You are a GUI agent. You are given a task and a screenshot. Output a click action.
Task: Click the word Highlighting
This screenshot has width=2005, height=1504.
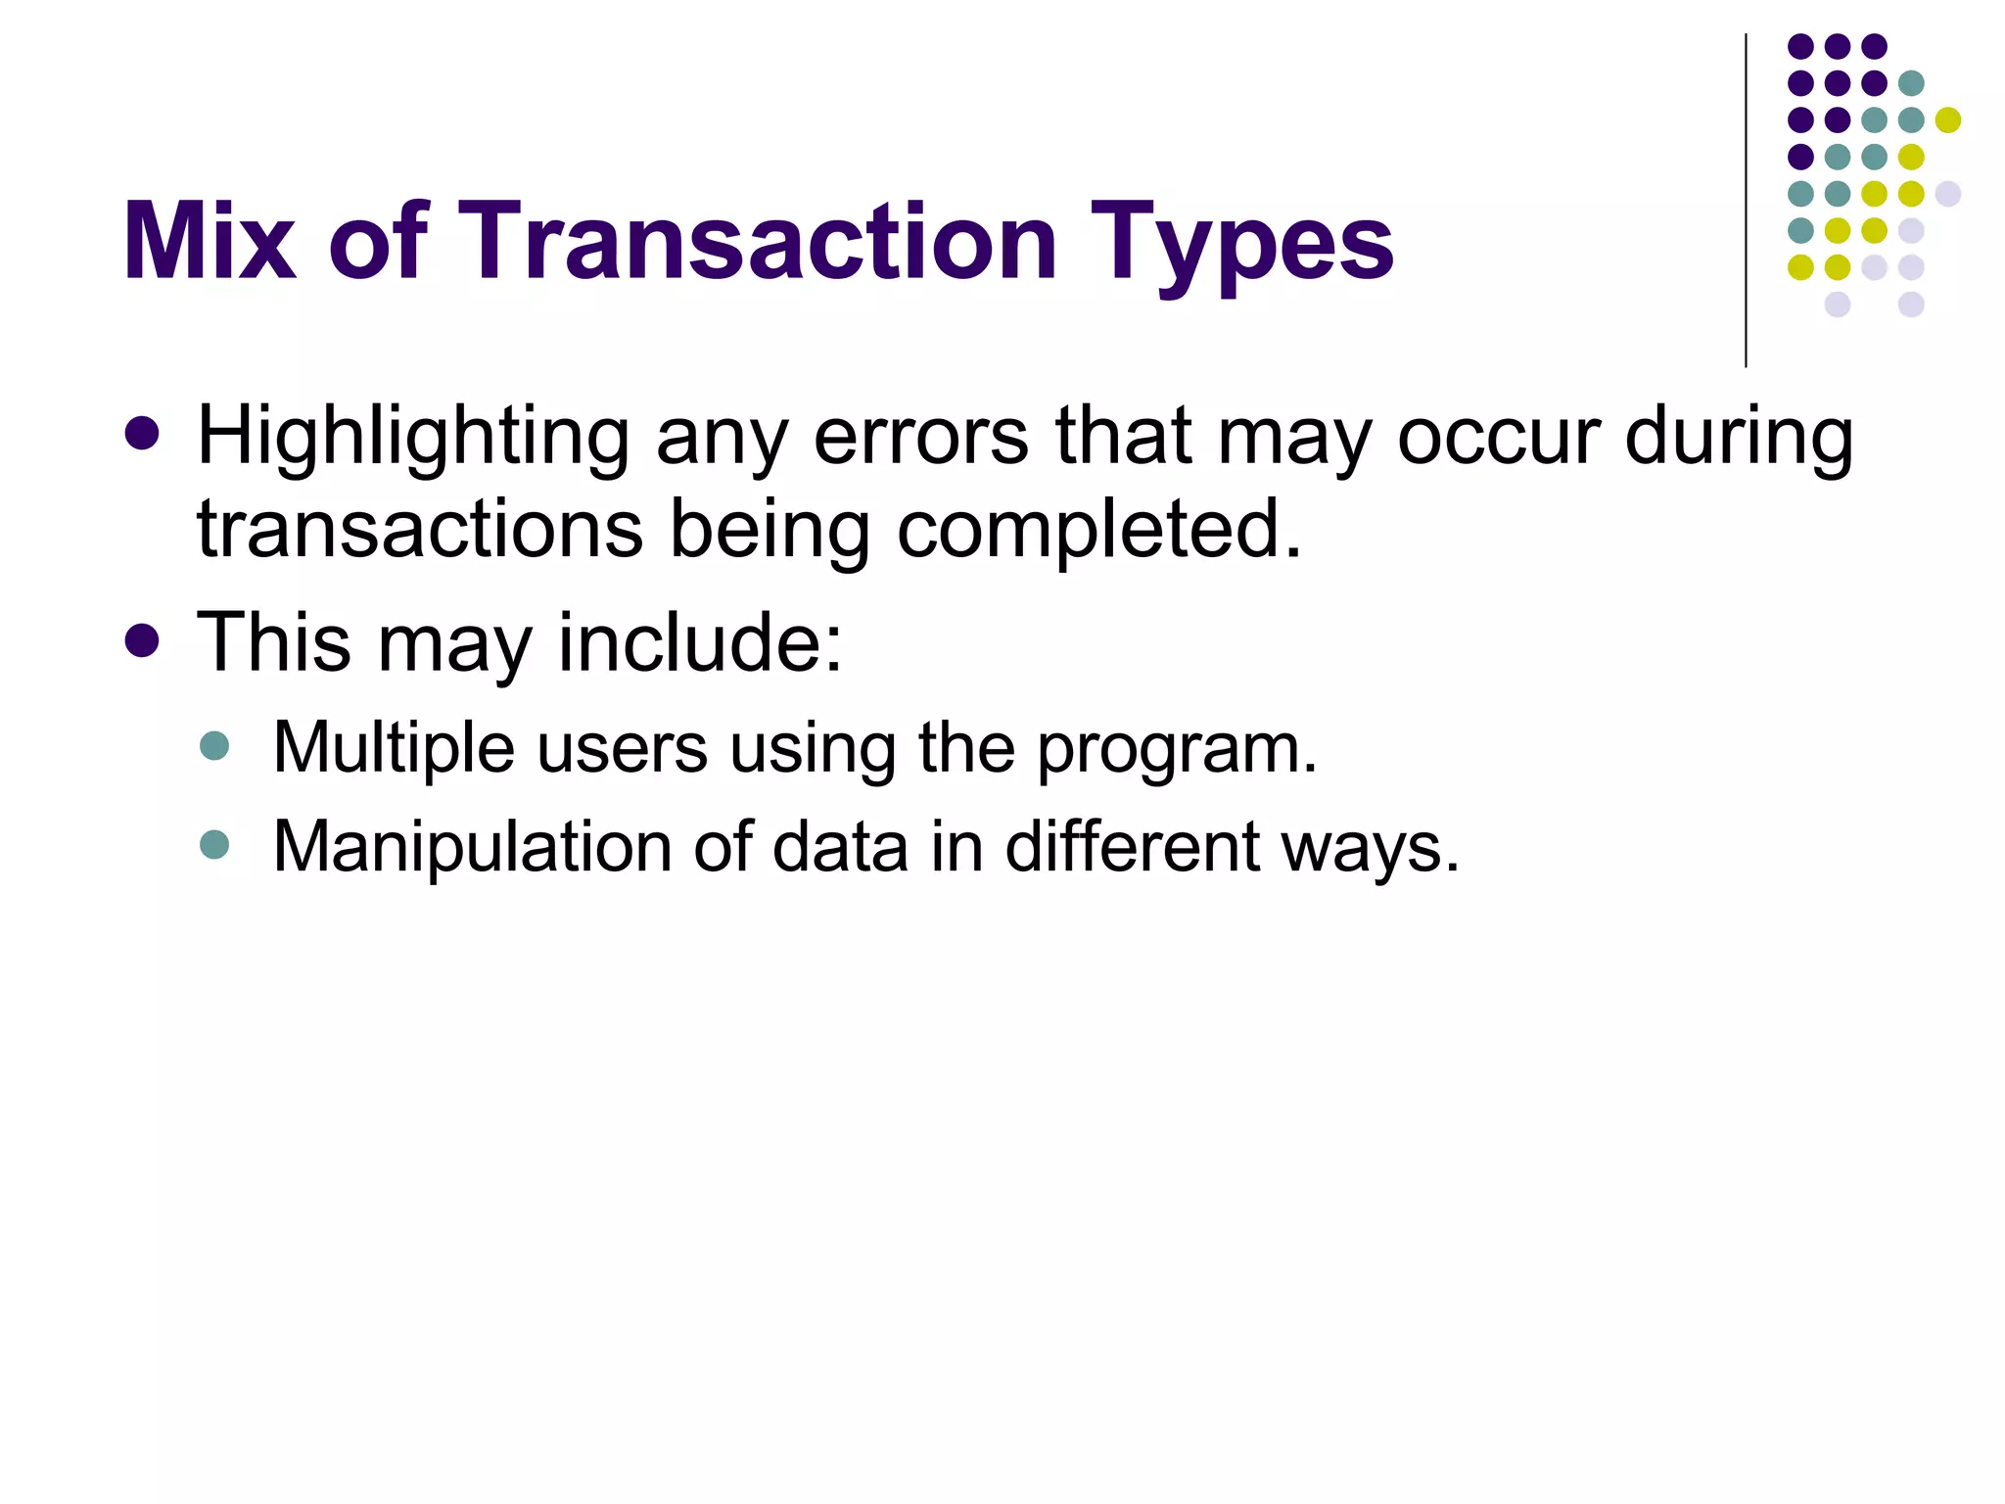(413, 438)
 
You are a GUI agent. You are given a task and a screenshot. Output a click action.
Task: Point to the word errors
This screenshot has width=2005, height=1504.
(920, 438)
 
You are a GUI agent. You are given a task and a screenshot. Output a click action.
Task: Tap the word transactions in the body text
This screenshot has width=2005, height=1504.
(420, 530)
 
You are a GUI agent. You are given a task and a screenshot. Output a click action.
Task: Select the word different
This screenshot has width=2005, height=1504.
(1132, 847)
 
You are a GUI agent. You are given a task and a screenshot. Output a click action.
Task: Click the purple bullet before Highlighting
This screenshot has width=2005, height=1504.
(143, 433)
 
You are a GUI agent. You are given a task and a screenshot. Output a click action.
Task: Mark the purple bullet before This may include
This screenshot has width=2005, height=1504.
(143, 640)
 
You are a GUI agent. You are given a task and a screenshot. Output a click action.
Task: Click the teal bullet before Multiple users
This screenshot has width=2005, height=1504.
(213, 745)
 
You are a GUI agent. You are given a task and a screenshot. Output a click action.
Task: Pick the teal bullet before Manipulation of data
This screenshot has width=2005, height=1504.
(213, 843)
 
